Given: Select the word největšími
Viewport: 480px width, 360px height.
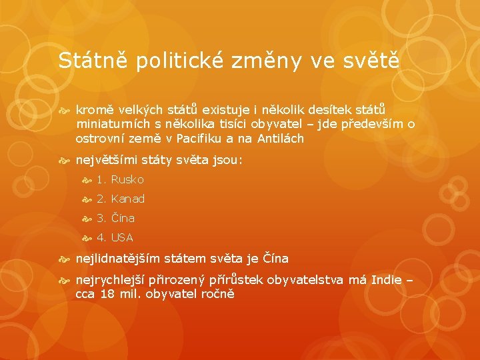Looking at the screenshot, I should click(x=107, y=161).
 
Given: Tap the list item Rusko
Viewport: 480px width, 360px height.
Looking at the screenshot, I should click(x=127, y=179).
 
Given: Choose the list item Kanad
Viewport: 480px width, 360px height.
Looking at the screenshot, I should click(x=128, y=199).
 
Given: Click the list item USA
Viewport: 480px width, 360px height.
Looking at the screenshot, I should click(x=122, y=237).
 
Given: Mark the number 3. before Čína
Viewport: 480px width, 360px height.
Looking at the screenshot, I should click(x=101, y=218).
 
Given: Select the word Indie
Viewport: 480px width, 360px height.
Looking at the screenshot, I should click(x=386, y=280).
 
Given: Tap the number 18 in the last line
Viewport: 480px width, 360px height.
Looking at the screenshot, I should click(x=107, y=294).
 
